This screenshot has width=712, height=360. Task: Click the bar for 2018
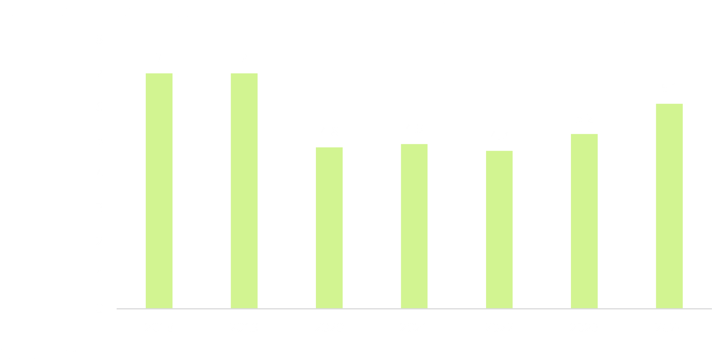[159, 191]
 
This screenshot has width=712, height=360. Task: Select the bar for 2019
[244, 191]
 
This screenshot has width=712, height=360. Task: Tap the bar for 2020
[329, 227]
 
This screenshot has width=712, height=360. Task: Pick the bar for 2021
[414, 226]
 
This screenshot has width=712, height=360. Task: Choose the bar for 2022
[499, 229]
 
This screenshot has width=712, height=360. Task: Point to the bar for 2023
[584, 221]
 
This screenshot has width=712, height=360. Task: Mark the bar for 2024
[669, 206]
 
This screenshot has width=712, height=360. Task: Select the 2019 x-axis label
[244, 328]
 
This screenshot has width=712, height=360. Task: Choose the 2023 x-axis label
[584, 328]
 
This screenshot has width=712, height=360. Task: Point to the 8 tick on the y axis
[100, 40]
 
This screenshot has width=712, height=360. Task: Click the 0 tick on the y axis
[100, 309]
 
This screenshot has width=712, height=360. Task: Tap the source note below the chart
[41, 354]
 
